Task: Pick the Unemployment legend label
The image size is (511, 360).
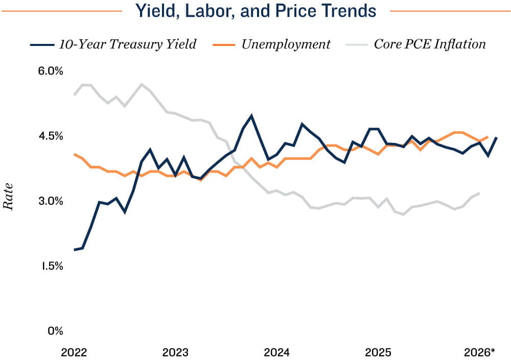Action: click(286, 44)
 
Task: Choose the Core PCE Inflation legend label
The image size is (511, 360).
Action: click(430, 44)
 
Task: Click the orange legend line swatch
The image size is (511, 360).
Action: click(231, 45)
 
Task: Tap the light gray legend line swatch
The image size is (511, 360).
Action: click(356, 45)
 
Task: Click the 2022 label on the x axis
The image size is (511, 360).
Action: click(74, 352)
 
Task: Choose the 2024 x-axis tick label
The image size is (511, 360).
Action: click(276, 352)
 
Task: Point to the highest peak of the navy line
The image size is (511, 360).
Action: click(251, 115)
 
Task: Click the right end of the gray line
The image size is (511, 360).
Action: click(479, 193)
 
